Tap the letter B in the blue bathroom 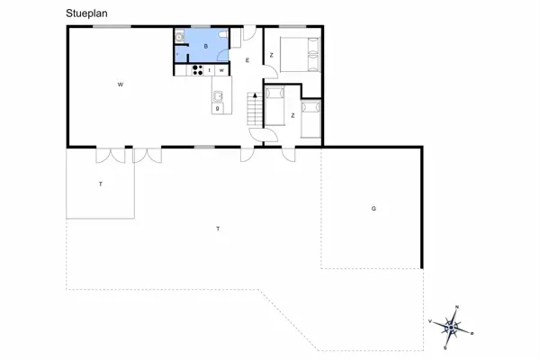(206, 45)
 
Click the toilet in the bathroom (180, 37)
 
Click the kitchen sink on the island (218, 96)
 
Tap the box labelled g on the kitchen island (218, 108)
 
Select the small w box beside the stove (220, 69)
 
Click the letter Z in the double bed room (271, 55)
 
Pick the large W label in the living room (120, 85)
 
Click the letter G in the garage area (373, 209)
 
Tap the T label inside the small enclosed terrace (100, 184)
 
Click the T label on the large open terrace (218, 229)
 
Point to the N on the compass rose (457, 308)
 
